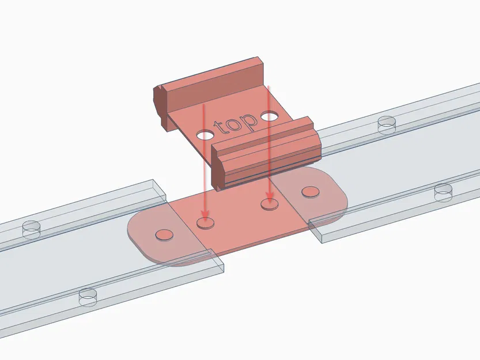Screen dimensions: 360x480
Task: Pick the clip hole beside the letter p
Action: (269, 118)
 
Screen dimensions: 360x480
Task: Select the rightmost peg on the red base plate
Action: (311, 191)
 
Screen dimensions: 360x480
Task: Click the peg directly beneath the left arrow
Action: (205, 222)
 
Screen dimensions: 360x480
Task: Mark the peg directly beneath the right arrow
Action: (268, 203)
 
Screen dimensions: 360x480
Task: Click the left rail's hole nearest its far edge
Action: (31, 230)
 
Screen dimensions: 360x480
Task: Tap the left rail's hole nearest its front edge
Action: (87, 296)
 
